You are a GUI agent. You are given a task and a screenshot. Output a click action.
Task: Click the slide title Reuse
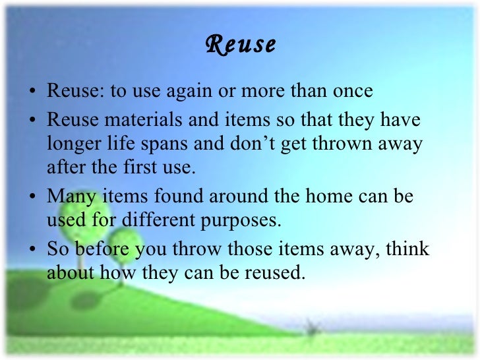(x=240, y=45)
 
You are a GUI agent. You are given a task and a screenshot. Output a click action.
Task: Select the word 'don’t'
(x=255, y=144)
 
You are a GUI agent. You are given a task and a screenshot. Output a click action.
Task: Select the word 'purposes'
(x=239, y=220)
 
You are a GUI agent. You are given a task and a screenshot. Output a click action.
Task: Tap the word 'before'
(x=100, y=250)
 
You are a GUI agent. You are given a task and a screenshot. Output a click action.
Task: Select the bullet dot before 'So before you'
(x=34, y=251)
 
